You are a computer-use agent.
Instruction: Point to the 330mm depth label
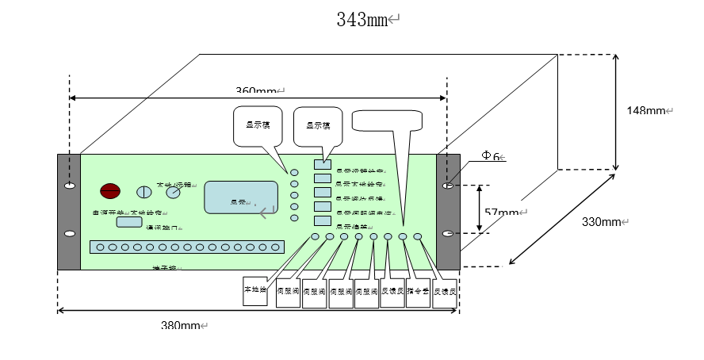(600, 222)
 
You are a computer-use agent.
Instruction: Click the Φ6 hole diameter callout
(492, 157)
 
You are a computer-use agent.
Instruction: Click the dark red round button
(109, 190)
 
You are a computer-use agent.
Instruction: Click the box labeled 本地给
(256, 290)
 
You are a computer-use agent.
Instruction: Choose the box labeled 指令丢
(419, 292)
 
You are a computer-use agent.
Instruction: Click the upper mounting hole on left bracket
(70, 186)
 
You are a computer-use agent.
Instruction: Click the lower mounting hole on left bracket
(70, 234)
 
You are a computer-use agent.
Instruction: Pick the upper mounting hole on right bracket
(449, 186)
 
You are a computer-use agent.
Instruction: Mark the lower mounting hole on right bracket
(449, 234)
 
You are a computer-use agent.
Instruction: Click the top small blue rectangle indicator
(321, 164)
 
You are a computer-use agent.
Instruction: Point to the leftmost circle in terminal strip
(100, 247)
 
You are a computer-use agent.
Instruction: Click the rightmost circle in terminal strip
(275, 247)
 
